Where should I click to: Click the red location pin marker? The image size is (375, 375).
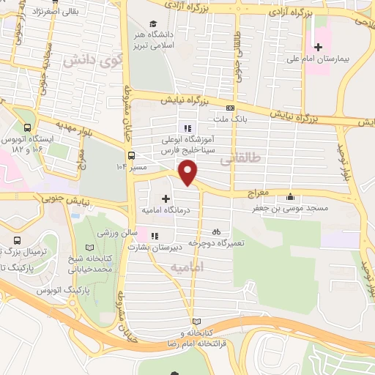189,173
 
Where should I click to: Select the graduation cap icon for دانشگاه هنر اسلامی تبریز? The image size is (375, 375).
153,24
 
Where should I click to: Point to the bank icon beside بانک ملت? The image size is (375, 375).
231,108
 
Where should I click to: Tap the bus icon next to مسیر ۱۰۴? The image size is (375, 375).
131,155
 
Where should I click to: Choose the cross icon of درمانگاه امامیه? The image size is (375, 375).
166,198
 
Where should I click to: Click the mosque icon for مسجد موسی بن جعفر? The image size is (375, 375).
291,196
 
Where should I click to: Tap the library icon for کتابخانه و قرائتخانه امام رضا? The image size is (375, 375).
195,322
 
